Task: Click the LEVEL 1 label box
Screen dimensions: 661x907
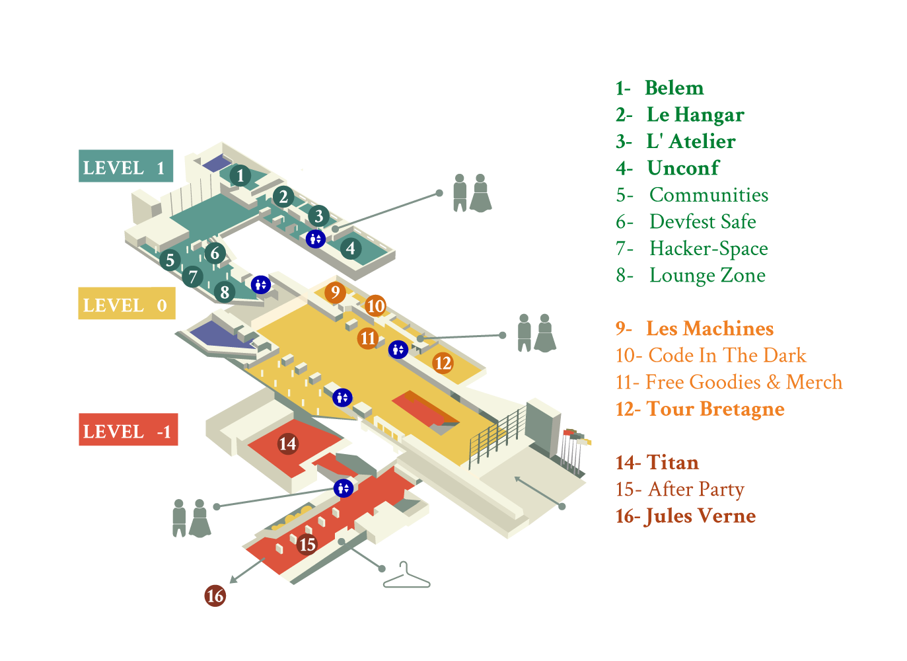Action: pos(126,167)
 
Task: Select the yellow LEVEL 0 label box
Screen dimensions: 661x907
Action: pos(126,304)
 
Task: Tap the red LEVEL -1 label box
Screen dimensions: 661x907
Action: pos(128,430)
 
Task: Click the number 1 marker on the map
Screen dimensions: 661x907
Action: pos(240,176)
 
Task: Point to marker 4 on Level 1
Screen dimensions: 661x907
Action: pos(351,249)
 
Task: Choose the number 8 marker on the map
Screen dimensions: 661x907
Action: pos(225,292)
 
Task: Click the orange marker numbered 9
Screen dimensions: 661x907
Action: pos(335,292)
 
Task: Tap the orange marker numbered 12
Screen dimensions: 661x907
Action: pos(443,362)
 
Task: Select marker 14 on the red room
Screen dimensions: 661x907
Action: pos(287,444)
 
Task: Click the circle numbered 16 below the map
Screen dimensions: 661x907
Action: pos(215,596)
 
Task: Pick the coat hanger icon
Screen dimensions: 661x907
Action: pos(406,577)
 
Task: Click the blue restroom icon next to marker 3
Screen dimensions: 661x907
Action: pos(316,239)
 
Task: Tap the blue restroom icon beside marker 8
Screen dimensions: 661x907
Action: pos(261,284)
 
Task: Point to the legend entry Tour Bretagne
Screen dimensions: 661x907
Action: pos(715,409)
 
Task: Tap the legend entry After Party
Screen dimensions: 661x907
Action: pos(695,489)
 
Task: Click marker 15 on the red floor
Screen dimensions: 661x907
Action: pos(307,545)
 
